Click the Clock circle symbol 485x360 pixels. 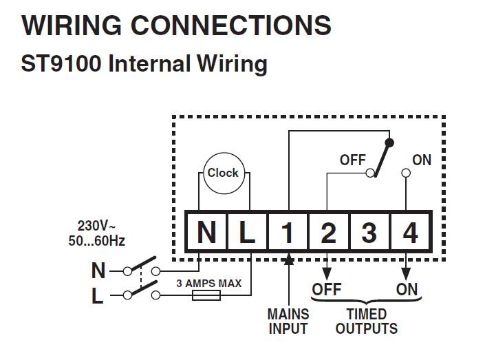tap(223, 173)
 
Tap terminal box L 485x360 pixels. tap(247, 233)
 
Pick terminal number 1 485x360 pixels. tap(288, 233)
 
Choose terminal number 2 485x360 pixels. tap(328, 233)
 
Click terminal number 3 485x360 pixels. tap(369, 233)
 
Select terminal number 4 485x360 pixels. tap(410, 233)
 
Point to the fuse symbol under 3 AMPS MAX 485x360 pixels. tap(206, 295)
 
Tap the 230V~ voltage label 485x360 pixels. tap(97, 225)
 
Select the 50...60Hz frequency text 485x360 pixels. tap(96, 240)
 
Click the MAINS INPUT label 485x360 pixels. tap(288, 321)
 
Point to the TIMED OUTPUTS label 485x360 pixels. tap(366, 321)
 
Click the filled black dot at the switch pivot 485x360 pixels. tap(390, 143)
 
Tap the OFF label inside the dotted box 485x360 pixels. tap(353, 160)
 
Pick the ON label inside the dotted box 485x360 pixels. tap(421, 160)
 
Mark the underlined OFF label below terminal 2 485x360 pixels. tap(327, 289)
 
